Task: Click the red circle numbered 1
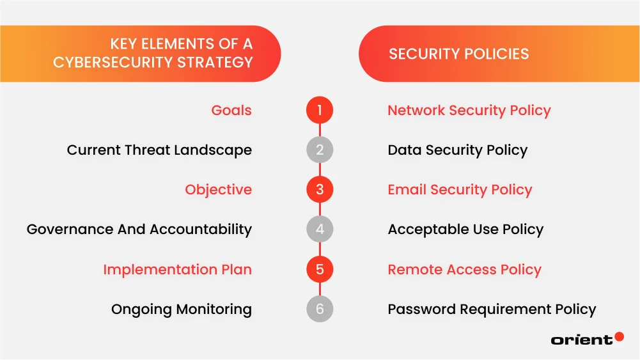click(320, 111)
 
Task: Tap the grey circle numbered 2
click(320, 150)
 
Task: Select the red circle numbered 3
click(320, 190)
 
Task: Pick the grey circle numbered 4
click(320, 230)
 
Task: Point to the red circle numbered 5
click(320, 269)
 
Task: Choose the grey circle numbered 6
click(320, 309)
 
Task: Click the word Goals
click(231, 111)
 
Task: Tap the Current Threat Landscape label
click(159, 150)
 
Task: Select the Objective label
click(218, 190)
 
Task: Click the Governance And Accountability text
click(139, 230)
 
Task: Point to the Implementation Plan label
click(177, 269)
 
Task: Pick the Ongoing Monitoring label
click(182, 309)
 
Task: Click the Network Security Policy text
click(469, 111)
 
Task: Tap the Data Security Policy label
click(457, 150)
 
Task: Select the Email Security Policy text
click(460, 190)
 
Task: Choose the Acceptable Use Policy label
click(465, 230)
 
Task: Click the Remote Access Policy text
click(464, 269)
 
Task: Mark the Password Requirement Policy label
click(492, 309)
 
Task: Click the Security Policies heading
click(458, 54)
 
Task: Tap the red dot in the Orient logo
click(619, 336)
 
